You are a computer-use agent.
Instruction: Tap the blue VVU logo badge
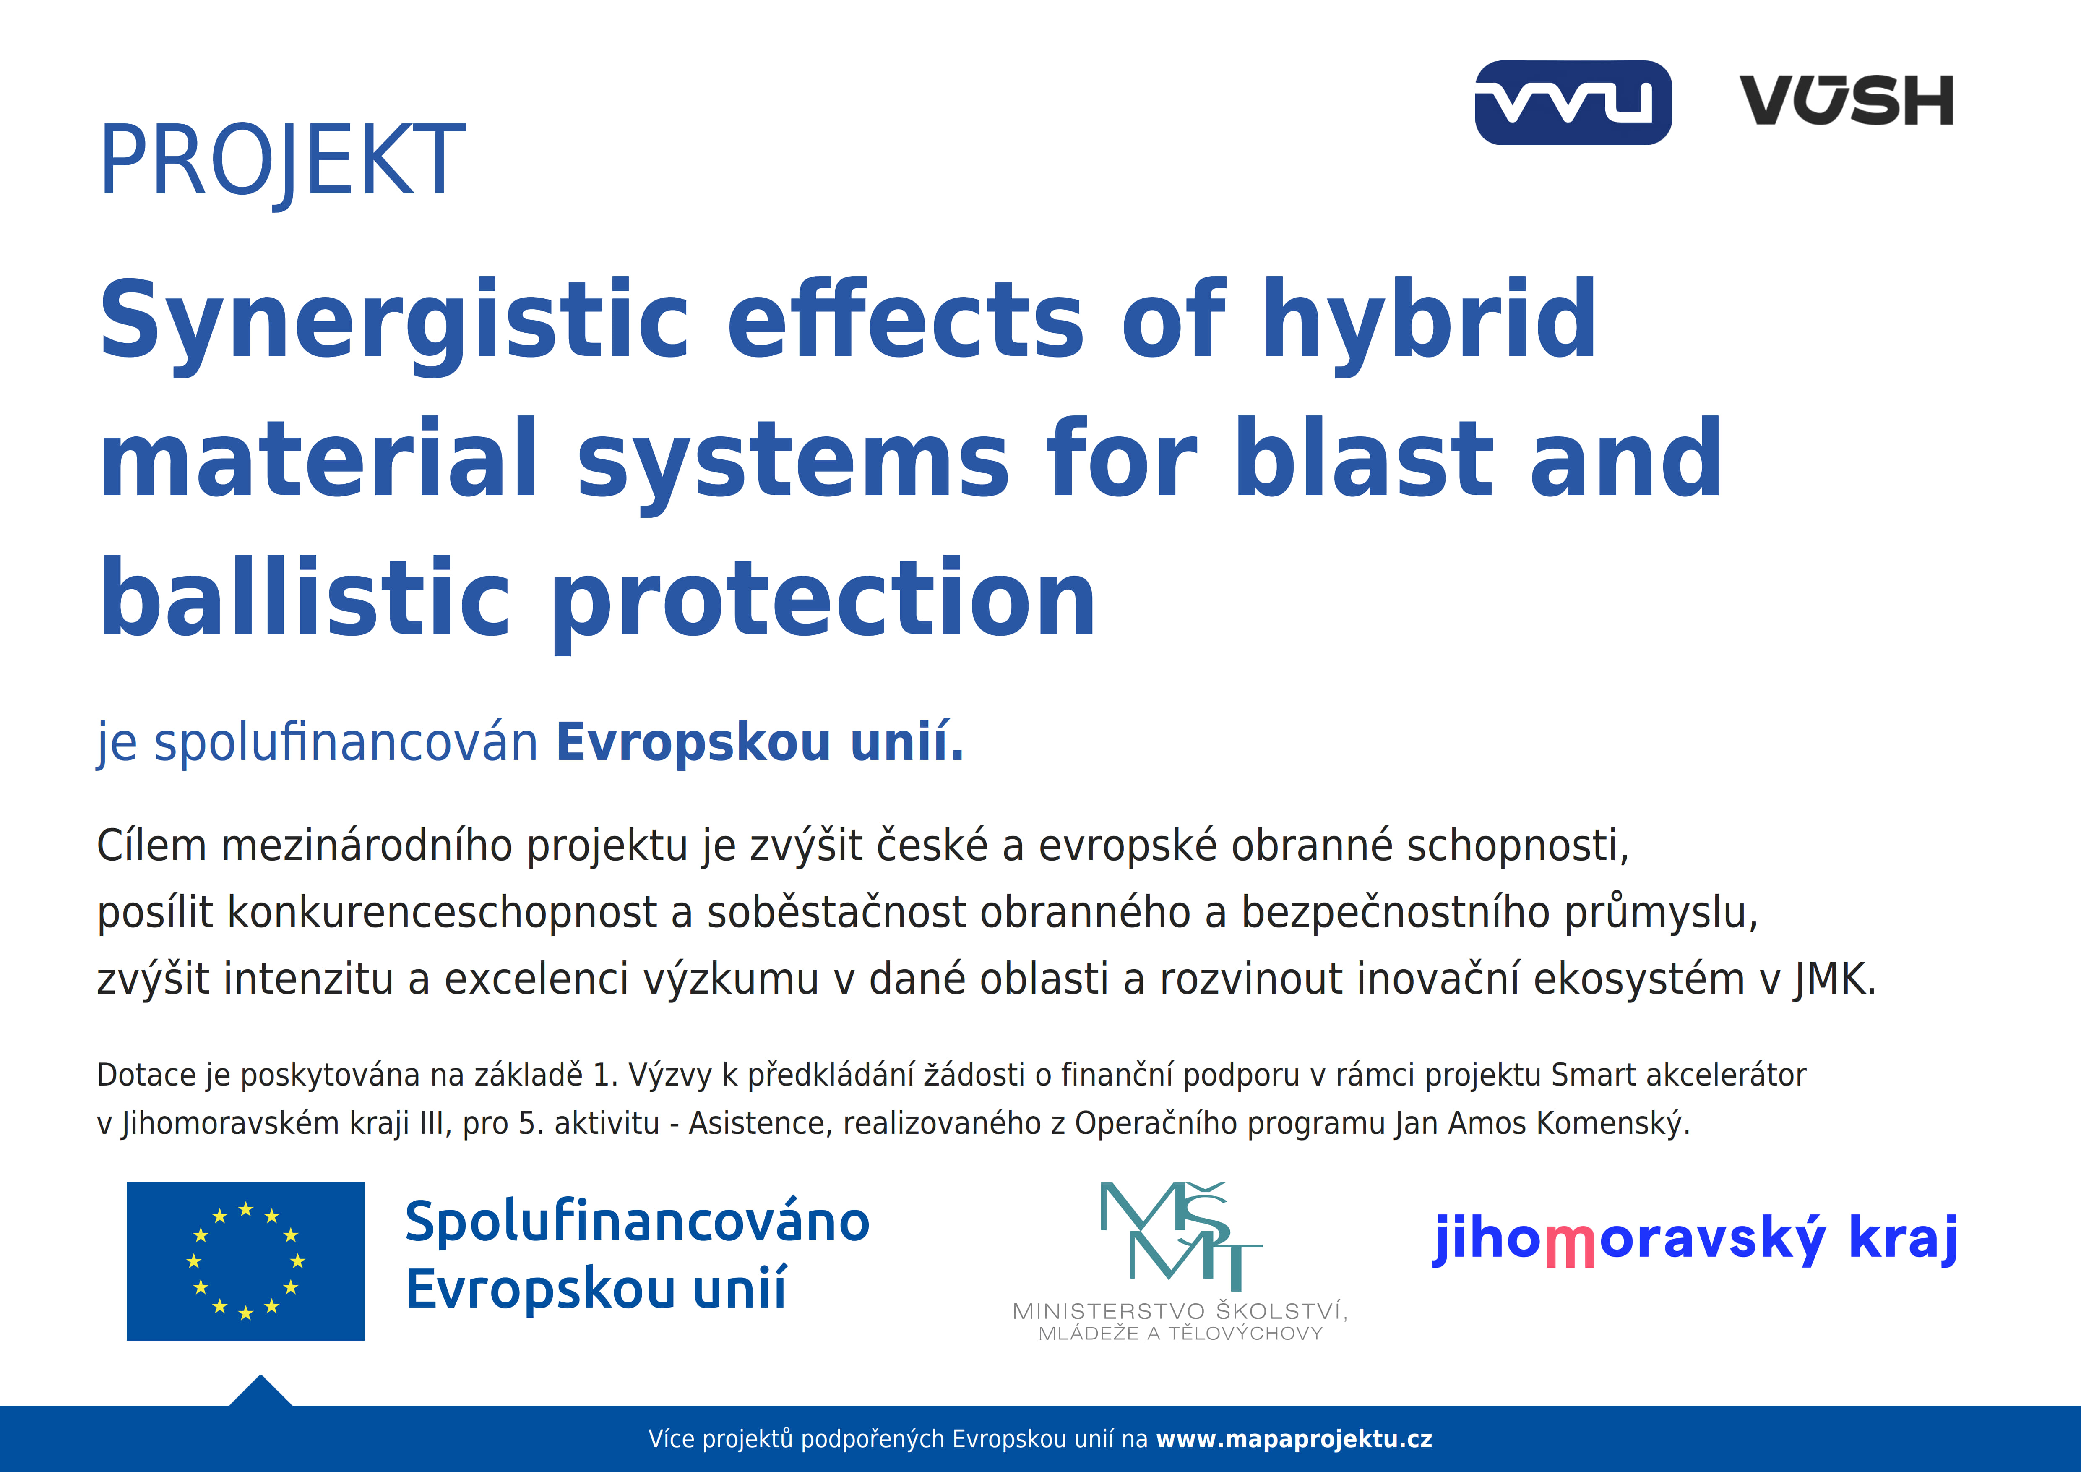coord(1573,102)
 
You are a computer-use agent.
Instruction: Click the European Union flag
coord(246,1261)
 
